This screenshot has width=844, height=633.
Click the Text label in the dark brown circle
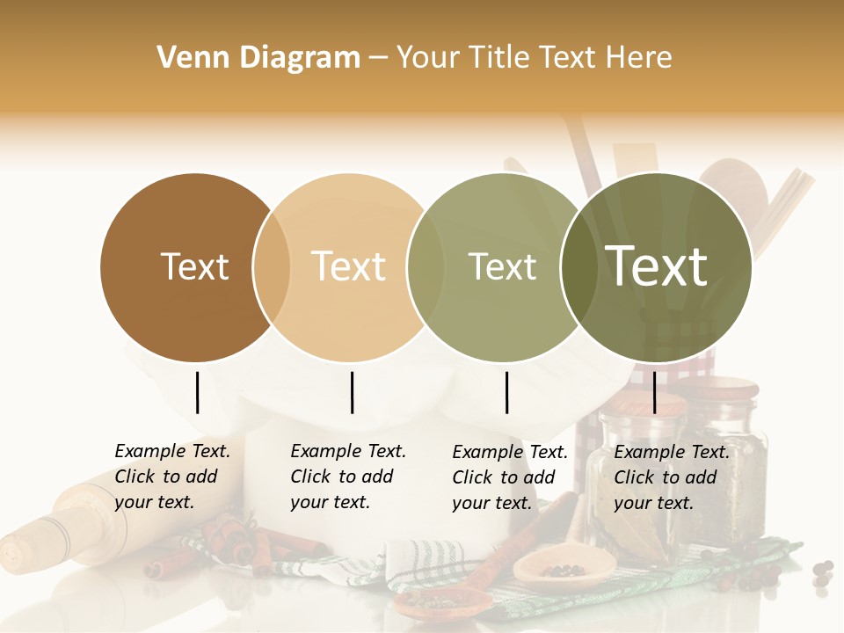(x=194, y=266)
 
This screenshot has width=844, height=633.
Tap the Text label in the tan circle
(x=348, y=266)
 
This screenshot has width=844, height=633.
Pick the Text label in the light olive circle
(x=502, y=266)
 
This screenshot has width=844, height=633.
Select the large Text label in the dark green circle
(x=656, y=266)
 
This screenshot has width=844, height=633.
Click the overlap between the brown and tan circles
(x=272, y=267)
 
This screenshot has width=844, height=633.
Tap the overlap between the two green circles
(x=579, y=267)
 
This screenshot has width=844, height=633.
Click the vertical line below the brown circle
(x=197, y=392)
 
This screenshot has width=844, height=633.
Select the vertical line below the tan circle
(x=352, y=392)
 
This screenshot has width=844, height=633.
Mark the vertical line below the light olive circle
(x=506, y=392)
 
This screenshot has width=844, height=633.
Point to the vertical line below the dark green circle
(x=655, y=392)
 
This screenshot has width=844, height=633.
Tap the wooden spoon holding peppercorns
(x=549, y=567)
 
